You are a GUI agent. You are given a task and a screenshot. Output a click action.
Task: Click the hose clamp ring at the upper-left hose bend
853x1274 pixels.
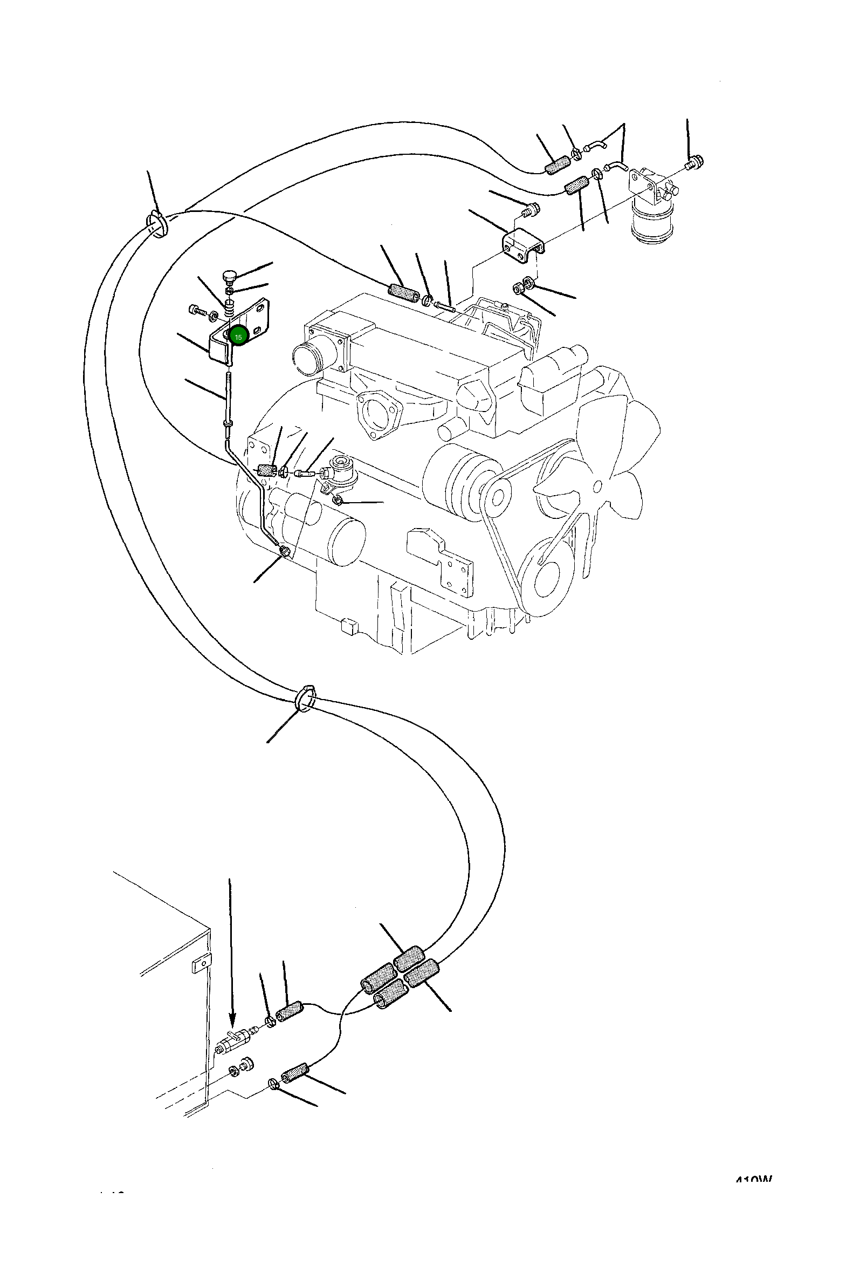(157, 225)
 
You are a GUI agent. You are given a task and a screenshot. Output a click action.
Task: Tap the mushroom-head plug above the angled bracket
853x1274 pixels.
(229, 276)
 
